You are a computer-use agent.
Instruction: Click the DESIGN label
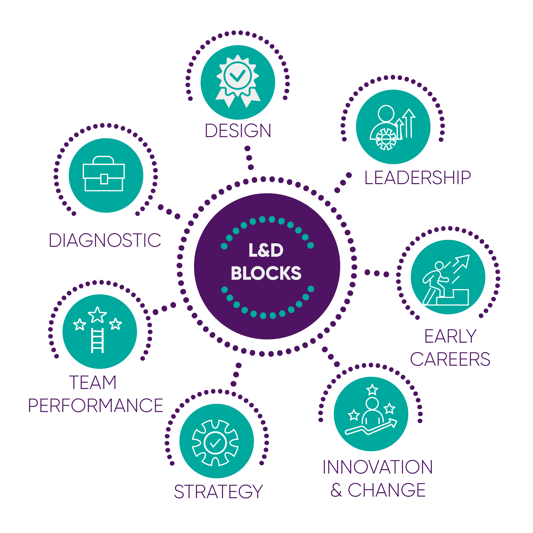pos(238,130)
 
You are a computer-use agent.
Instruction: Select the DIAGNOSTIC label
pos(105,240)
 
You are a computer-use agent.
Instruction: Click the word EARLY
pos(451,336)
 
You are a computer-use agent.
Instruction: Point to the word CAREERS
pos(450,359)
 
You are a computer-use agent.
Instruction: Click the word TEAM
pos(93,383)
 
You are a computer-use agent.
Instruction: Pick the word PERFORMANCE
pos(96,406)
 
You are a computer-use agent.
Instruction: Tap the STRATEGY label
pos(218,492)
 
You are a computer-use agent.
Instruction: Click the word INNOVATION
pos(378,467)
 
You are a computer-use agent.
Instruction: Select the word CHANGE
pos(387,490)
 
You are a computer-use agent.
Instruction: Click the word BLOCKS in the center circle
pos(266,273)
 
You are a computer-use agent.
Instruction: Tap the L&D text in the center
pos(266,250)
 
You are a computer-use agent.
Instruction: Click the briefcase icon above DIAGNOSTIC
pos(104,174)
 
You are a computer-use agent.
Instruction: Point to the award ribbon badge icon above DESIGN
pos(238,80)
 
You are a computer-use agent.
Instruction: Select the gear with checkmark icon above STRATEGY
pos(215,443)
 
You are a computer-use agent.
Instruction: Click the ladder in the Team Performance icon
pos(97,340)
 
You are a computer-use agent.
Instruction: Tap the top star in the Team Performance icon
pos(97,315)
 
